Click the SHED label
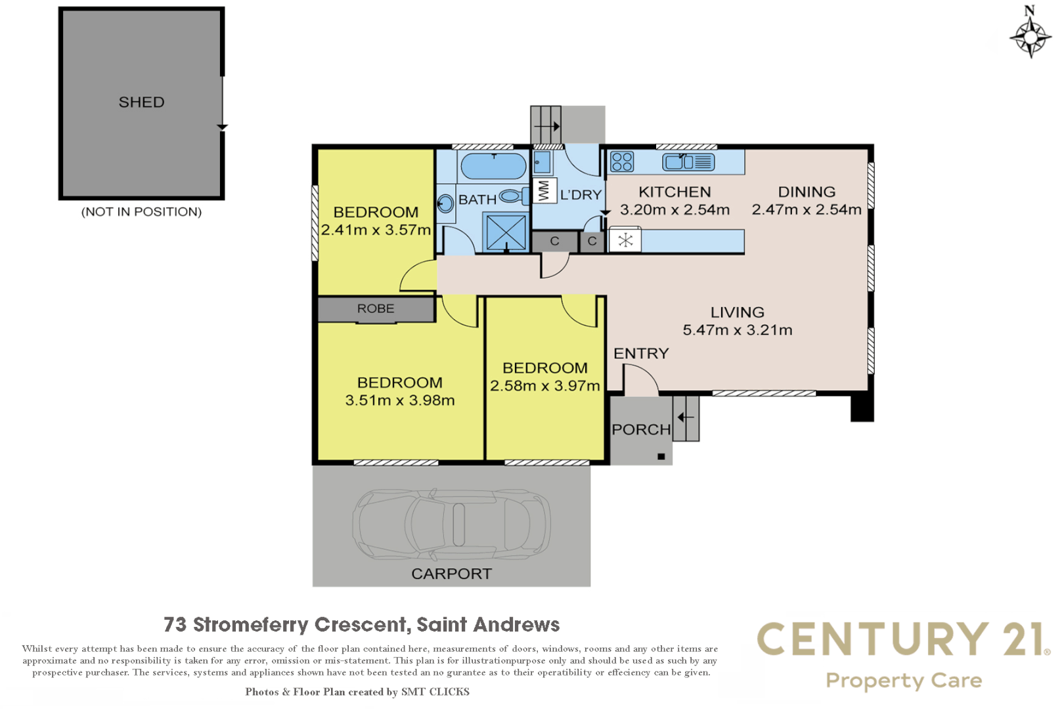coord(141,102)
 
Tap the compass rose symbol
coord(1030,36)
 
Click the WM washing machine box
coord(544,190)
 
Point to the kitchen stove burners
coord(621,161)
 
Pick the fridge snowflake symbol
coord(625,240)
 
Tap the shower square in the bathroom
coord(506,232)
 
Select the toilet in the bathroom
coord(512,196)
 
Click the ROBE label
coord(376,309)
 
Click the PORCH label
coord(641,430)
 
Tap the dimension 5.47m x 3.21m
coord(737,330)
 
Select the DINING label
coord(807,192)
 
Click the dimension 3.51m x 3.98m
coord(399,400)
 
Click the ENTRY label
coord(641,354)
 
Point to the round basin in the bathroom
coord(445,204)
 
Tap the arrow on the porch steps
coord(686,417)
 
